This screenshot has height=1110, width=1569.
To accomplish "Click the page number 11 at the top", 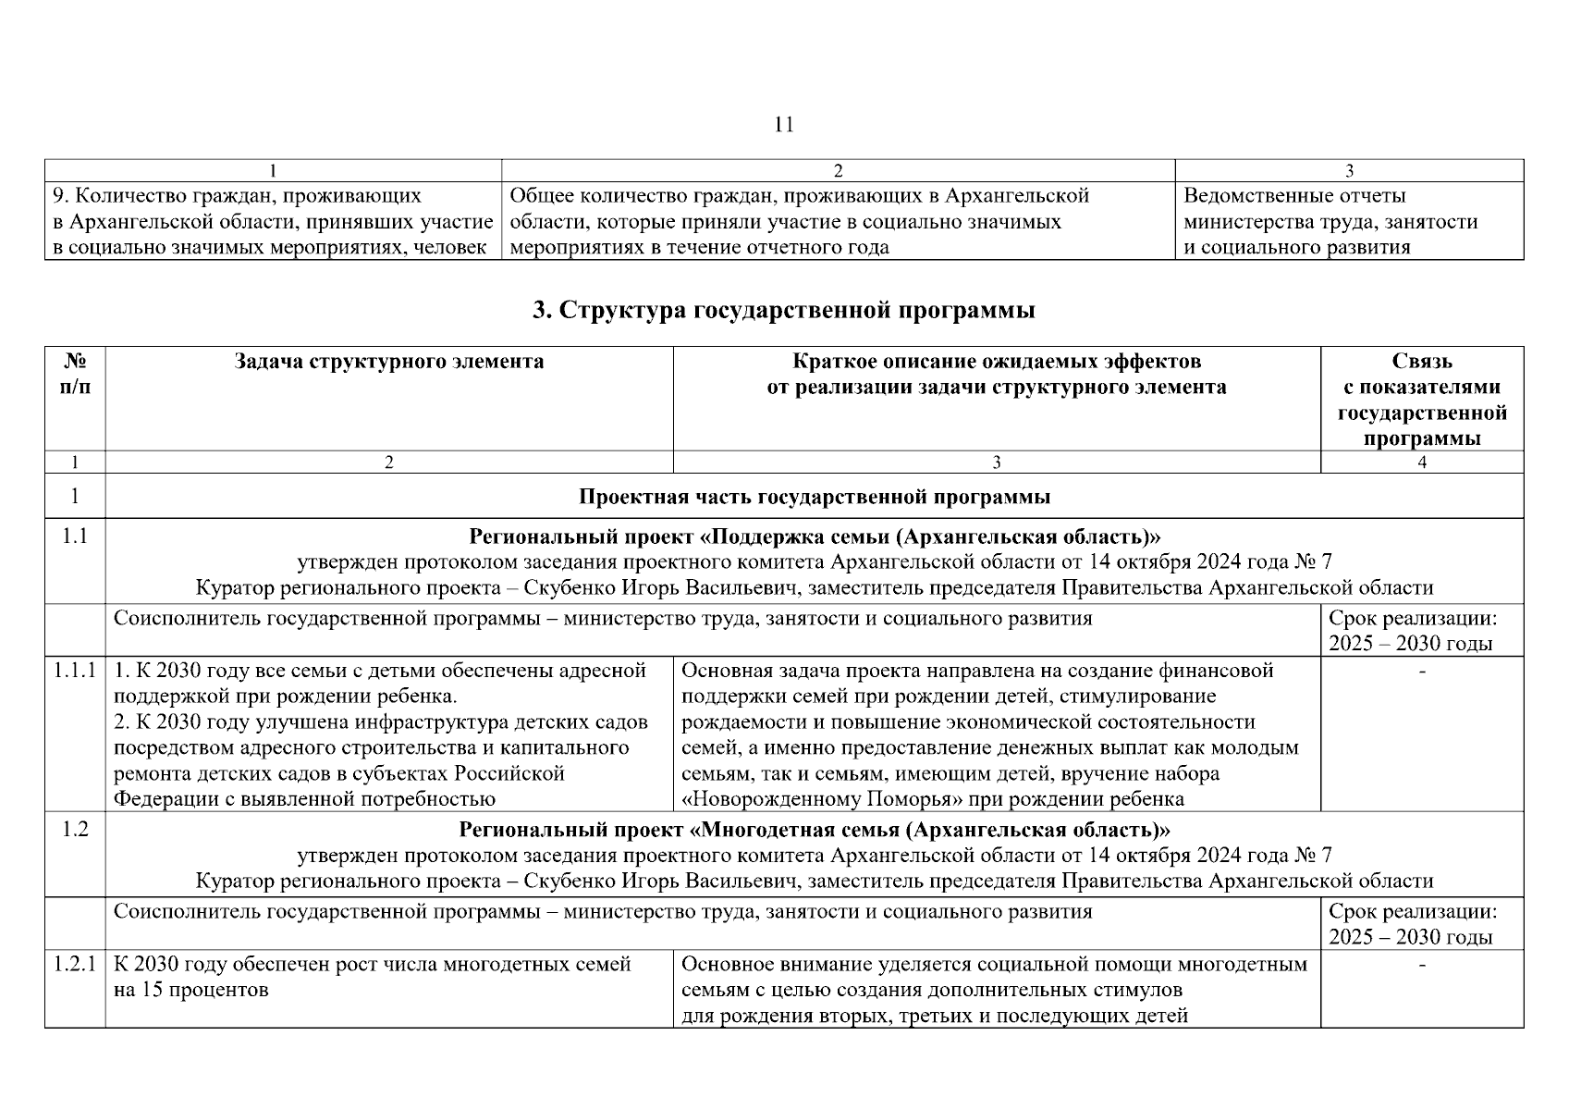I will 783,125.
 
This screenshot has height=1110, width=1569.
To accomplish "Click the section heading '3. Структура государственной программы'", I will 783,311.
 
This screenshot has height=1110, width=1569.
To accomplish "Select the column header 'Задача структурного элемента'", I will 388,362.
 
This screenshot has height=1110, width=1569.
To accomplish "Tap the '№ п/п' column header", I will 75,374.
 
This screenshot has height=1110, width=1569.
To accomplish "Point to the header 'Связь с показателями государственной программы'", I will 1421,400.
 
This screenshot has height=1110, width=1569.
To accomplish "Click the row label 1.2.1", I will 75,965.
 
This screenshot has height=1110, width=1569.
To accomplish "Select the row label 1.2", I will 75,830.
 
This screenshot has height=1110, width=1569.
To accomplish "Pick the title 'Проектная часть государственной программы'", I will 814,497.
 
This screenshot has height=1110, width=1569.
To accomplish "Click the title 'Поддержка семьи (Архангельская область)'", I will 814,537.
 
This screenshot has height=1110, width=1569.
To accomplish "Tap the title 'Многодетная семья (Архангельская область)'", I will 814,830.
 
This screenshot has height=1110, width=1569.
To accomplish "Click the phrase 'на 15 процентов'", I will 190,991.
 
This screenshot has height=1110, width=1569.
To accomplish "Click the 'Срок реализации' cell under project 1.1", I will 1412,631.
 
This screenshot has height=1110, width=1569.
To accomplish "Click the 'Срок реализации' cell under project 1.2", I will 1412,924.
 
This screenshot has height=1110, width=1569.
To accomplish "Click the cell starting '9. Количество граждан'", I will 272,221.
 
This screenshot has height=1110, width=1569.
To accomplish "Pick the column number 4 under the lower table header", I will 1421,462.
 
